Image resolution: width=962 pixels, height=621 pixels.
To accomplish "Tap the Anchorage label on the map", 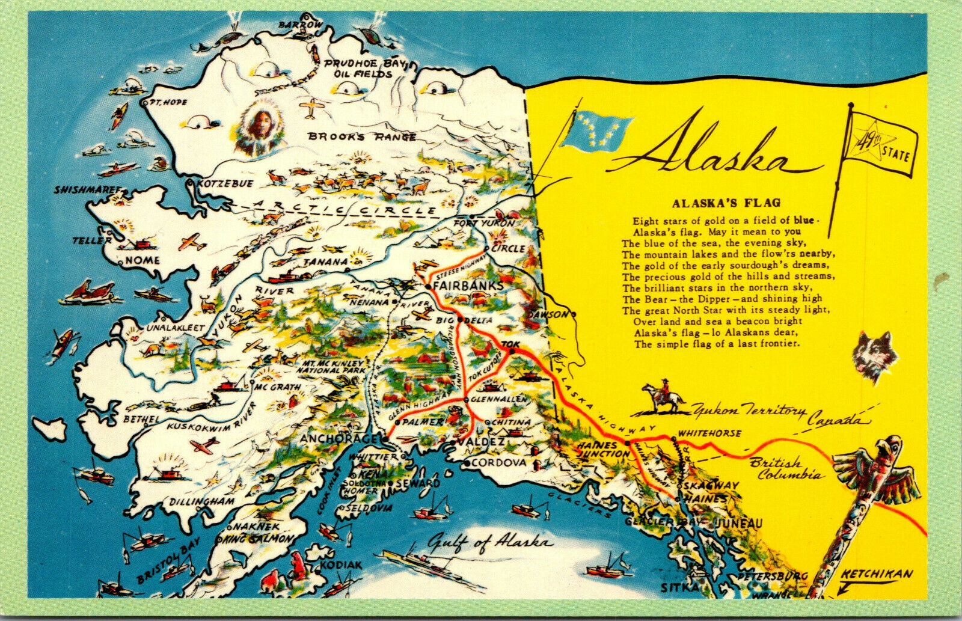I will (339, 438).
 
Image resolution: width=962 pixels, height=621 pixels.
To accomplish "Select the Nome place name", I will (142, 260).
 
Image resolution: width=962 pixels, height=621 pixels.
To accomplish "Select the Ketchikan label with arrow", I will (876, 575).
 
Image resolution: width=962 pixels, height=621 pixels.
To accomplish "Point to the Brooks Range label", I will (362, 136).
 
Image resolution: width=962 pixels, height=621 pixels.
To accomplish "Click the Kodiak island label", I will (341, 566).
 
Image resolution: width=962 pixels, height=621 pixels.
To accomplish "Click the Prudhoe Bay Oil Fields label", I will (358, 69).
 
